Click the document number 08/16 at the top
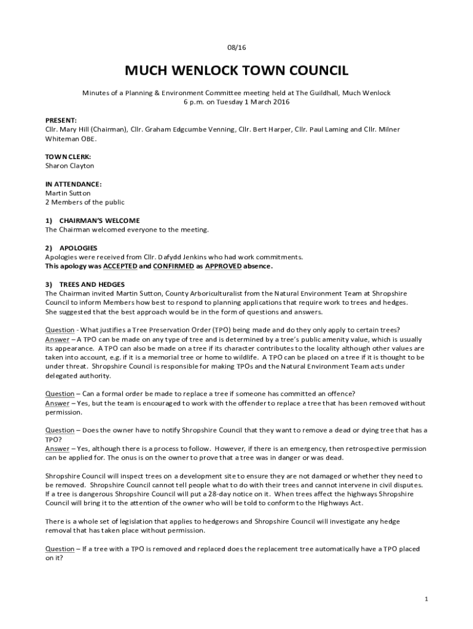(x=237, y=47)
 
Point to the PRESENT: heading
(x=61, y=120)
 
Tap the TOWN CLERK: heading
(x=68, y=157)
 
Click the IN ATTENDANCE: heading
(x=73, y=184)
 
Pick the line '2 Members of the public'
(x=85, y=202)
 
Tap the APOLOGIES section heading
(x=78, y=248)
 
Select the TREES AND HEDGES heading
(x=92, y=284)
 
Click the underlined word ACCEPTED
(x=120, y=267)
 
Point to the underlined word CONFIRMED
(x=173, y=267)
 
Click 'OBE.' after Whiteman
(x=89, y=139)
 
